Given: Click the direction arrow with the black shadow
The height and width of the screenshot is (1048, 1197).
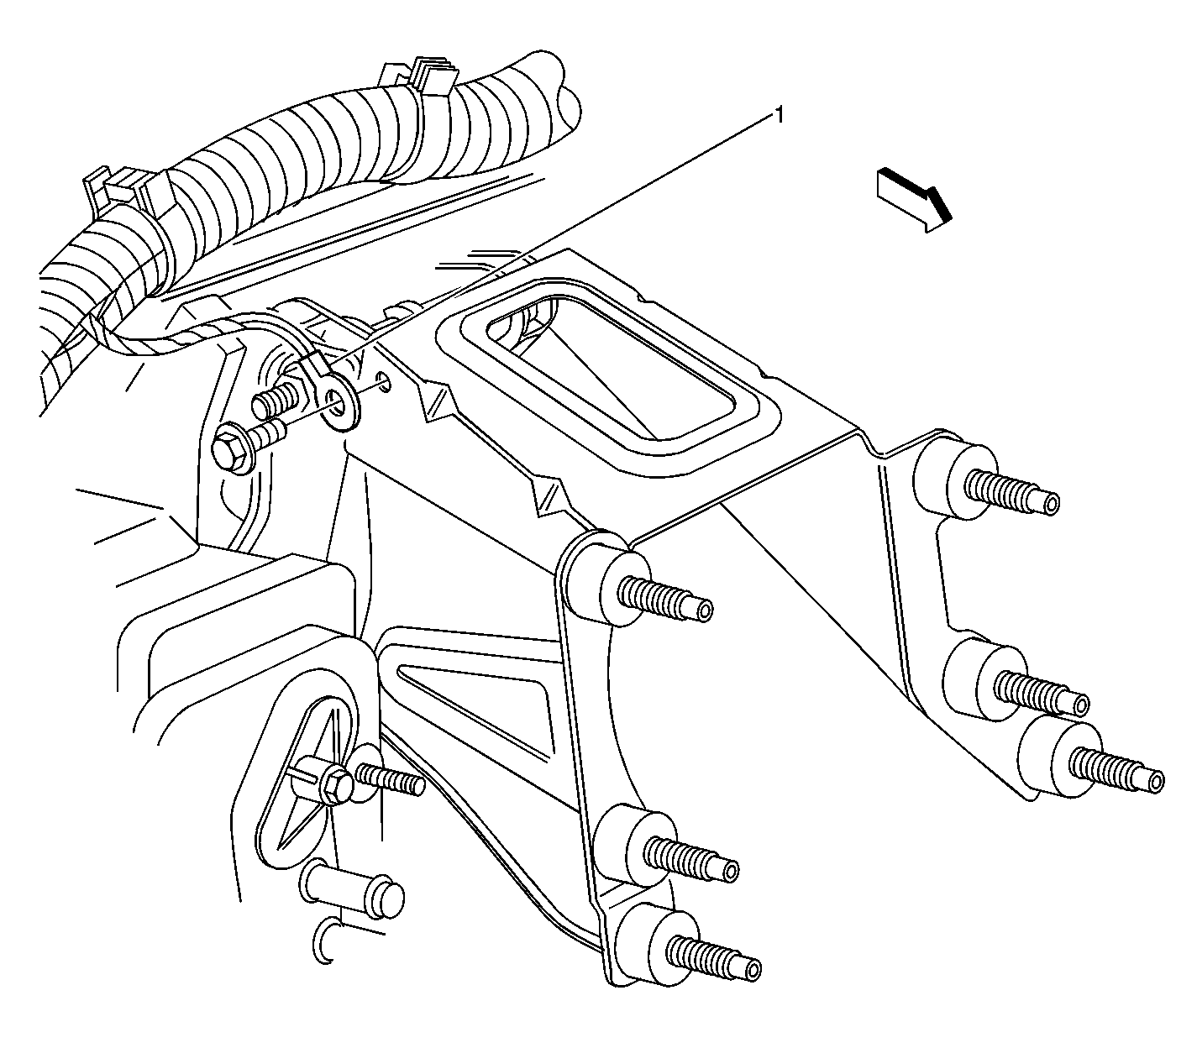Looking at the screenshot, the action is (x=915, y=197).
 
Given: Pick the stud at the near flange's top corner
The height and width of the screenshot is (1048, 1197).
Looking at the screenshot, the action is (x=667, y=599).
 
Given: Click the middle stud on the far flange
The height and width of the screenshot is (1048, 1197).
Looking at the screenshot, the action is (x=1042, y=693).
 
